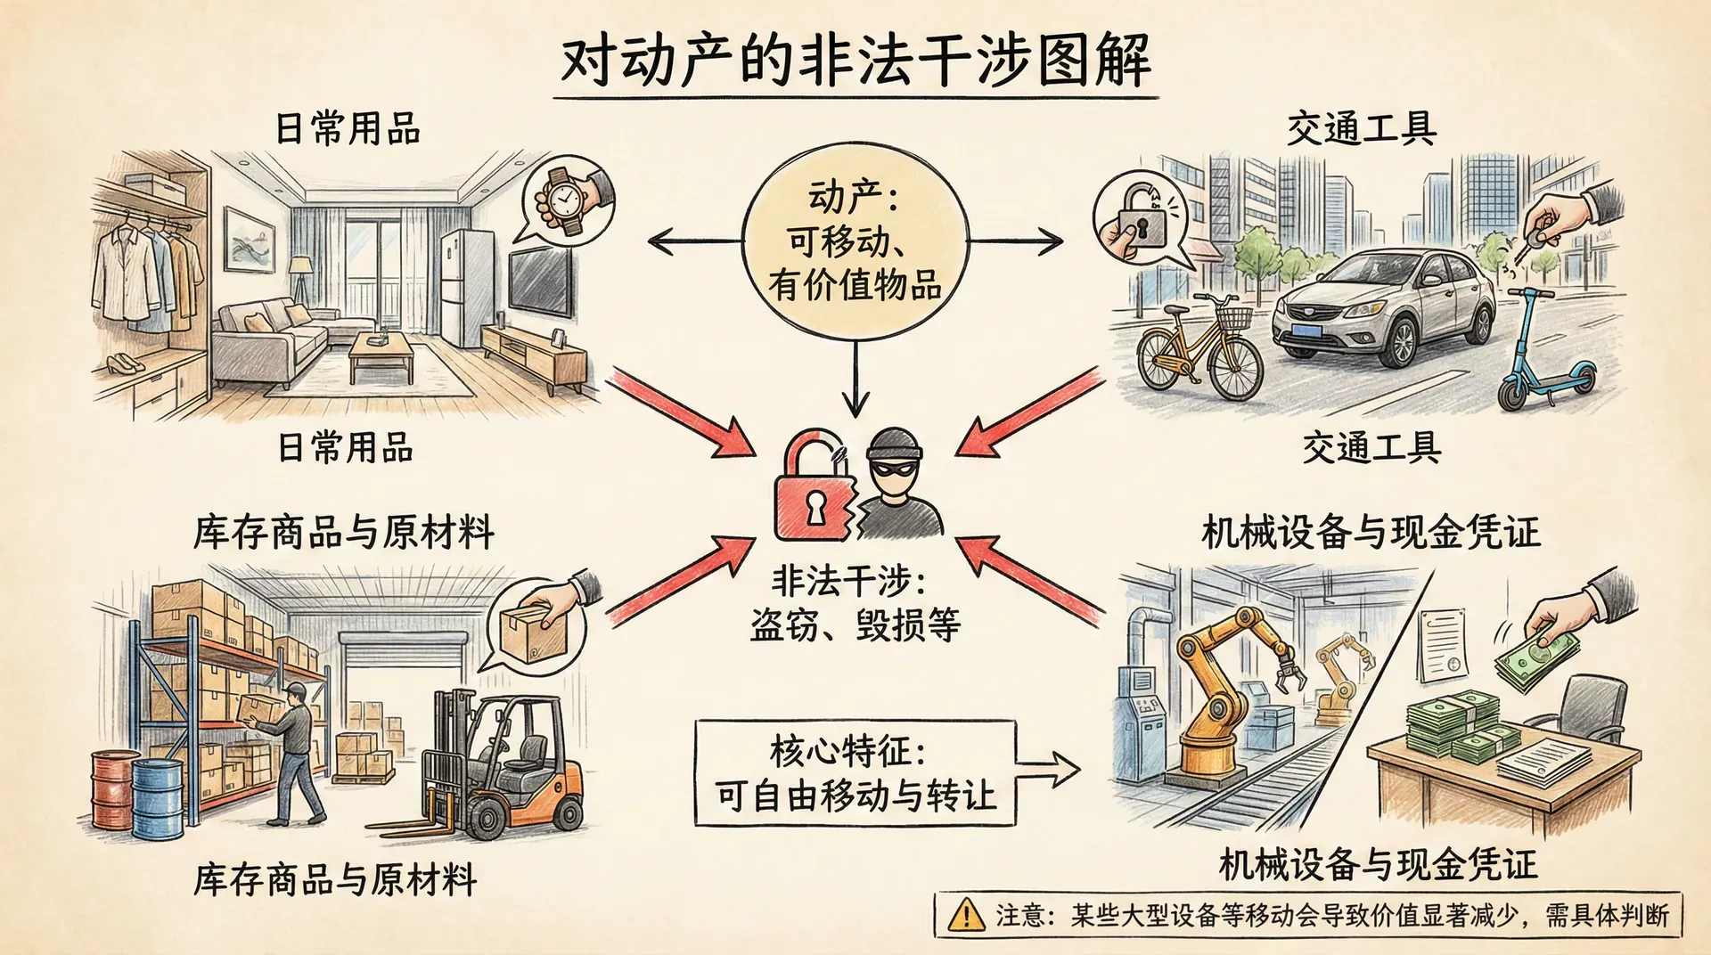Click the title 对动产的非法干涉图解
click(x=855, y=61)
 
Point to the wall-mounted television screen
click(x=539, y=282)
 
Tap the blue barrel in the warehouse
click(x=158, y=798)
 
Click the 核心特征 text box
click(x=855, y=772)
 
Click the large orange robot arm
click(x=1221, y=686)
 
